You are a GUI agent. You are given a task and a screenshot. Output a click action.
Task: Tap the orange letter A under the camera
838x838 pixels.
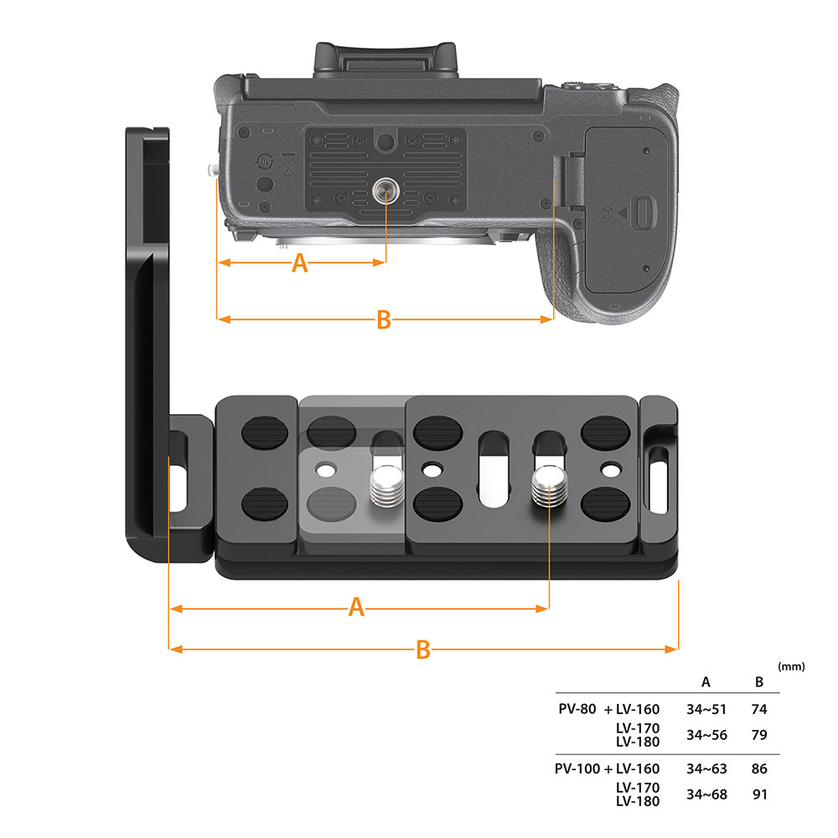tap(299, 264)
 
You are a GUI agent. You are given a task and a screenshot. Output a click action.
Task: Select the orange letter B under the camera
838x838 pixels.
tap(383, 319)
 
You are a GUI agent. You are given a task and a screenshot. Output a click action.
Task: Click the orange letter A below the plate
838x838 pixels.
tap(357, 608)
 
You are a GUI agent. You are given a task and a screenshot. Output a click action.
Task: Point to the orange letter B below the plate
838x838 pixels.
tap(423, 649)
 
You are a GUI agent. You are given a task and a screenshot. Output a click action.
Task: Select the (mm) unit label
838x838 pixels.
tap(791, 667)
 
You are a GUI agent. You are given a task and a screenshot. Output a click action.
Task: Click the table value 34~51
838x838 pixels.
tap(706, 709)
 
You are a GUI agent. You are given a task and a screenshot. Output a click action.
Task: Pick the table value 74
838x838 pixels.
tap(759, 709)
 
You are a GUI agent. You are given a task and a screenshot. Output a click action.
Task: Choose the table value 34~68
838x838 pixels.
tap(706, 794)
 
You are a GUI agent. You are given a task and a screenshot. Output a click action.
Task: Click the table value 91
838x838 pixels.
tap(759, 794)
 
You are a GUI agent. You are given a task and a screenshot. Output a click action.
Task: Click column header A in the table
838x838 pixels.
tap(706, 681)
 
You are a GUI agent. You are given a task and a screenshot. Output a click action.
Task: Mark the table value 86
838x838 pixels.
tap(759, 768)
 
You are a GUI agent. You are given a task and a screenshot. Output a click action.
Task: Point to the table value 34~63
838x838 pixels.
tap(706, 768)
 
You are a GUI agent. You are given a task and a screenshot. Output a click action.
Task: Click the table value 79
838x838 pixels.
tap(759, 735)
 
